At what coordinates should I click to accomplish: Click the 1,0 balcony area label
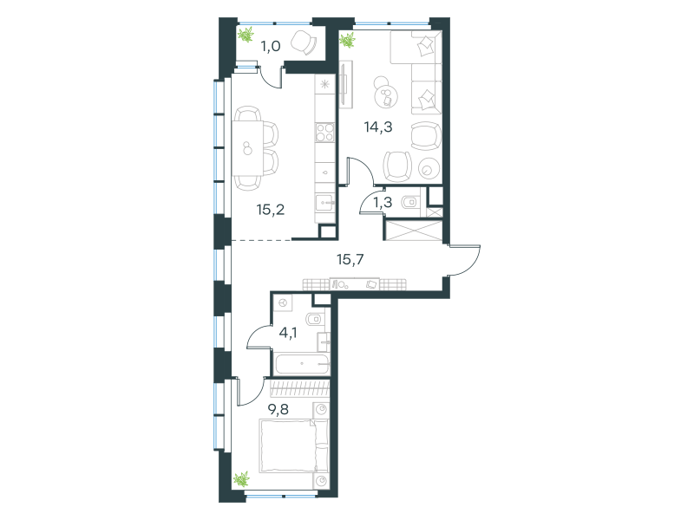tap(271, 46)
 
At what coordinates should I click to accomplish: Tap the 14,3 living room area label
tap(378, 127)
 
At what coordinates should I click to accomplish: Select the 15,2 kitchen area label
tap(271, 210)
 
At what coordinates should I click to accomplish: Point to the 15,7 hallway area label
tap(350, 259)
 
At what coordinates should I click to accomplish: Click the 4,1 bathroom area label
tap(288, 332)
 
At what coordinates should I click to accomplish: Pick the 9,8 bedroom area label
tap(278, 409)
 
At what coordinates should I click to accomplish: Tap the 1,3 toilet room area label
tap(383, 203)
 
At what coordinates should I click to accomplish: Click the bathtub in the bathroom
tap(302, 364)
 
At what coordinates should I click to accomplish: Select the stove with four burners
tap(324, 133)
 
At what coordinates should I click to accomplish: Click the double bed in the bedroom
tap(294, 445)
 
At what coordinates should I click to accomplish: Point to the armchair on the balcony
tap(304, 42)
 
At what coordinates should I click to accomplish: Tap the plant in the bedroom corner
tap(242, 479)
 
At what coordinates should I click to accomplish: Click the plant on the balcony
tap(246, 34)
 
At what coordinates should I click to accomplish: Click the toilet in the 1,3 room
tap(409, 203)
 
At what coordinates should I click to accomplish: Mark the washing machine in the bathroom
tap(284, 302)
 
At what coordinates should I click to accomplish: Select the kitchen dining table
tap(248, 148)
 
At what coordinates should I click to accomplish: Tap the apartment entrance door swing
tap(465, 260)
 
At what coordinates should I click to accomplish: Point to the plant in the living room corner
tap(348, 40)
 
